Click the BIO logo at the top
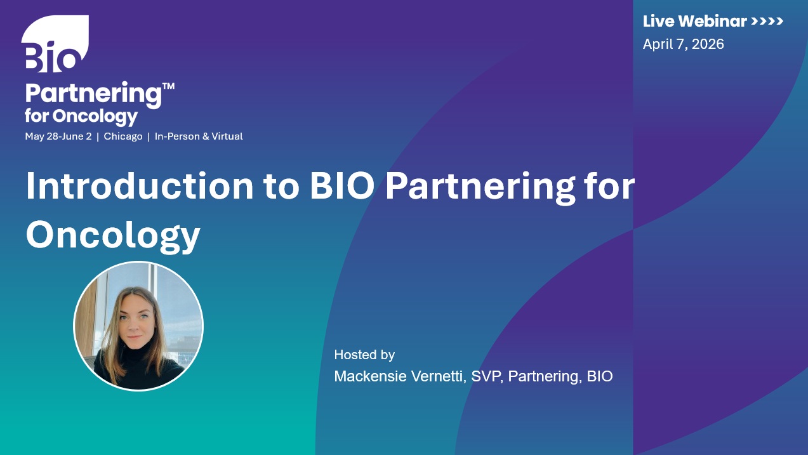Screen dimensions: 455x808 pyautogui.click(x=55, y=44)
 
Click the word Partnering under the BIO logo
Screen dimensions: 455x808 pyautogui.click(x=92, y=94)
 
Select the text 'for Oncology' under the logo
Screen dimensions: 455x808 pyautogui.click(x=81, y=116)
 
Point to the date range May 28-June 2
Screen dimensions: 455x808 pyautogui.click(x=58, y=136)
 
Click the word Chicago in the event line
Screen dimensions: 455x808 pyautogui.click(x=123, y=136)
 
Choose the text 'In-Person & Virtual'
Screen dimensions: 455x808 pyautogui.click(x=199, y=136)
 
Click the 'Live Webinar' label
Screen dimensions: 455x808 pyautogui.click(x=694, y=21)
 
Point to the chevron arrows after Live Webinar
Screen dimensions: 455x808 pyautogui.click(x=767, y=21)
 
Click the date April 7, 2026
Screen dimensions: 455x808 pyautogui.click(x=683, y=44)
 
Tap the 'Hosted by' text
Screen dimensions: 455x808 pyautogui.click(x=364, y=355)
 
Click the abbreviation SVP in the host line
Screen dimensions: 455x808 pyautogui.click(x=487, y=376)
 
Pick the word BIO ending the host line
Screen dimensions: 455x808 pyautogui.click(x=600, y=376)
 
